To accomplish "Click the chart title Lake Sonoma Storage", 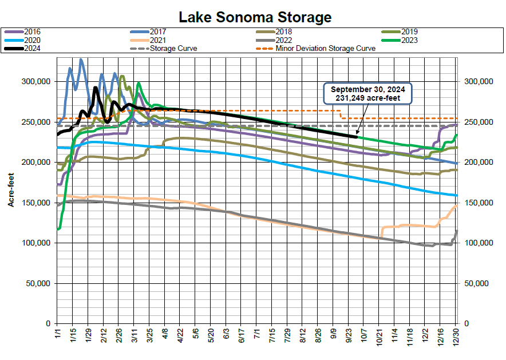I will (255, 17).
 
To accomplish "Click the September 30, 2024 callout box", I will (367, 94).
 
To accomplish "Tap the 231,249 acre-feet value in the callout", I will (367, 98).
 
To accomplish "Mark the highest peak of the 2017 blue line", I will (81, 59).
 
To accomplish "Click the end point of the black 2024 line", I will (357, 137).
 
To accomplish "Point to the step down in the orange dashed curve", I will (341, 114).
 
